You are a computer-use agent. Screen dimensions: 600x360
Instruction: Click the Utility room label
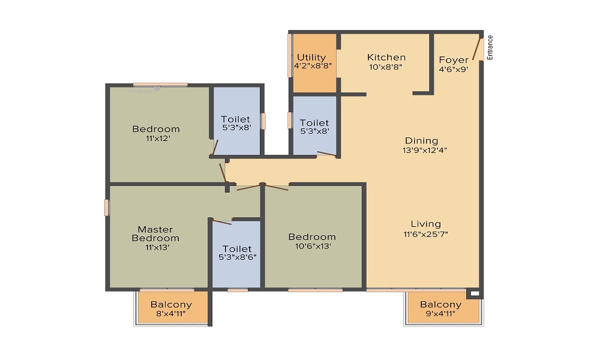click(311, 58)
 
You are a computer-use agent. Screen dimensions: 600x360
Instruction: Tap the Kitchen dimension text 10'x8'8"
click(386, 67)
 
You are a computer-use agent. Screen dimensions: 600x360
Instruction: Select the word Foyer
click(454, 60)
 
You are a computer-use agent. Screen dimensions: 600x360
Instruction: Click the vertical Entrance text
click(490, 47)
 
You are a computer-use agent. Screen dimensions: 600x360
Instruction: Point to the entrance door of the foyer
click(477, 49)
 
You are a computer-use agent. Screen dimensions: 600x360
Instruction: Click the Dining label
click(422, 141)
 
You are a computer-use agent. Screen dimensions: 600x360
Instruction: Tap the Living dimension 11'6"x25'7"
click(425, 234)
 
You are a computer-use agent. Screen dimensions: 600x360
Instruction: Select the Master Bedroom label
click(155, 234)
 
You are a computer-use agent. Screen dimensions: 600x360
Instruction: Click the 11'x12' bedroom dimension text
click(158, 139)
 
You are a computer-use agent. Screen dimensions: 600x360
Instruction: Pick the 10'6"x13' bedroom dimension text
click(313, 247)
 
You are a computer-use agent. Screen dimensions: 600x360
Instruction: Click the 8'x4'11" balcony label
click(170, 314)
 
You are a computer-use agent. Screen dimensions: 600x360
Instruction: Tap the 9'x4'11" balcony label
click(440, 314)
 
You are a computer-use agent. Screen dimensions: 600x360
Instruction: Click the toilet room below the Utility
click(314, 125)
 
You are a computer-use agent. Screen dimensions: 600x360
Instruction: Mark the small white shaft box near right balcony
click(475, 294)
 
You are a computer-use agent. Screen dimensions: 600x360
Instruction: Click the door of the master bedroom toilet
click(222, 222)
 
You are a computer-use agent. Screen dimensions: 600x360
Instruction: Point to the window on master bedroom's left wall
click(107, 208)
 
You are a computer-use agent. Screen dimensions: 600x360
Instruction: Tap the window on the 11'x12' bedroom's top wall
click(160, 85)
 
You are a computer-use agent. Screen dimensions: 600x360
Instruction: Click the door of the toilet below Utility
click(327, 154)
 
